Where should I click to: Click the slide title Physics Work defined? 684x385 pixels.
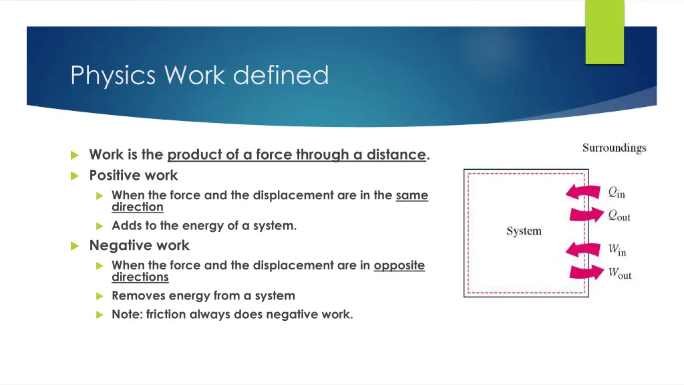point(200,75)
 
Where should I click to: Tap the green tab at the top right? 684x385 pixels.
point(605,31)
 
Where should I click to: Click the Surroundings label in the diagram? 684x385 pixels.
point(614,148)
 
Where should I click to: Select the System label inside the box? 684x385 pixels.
point(524,231)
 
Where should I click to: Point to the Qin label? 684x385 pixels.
point(616,192)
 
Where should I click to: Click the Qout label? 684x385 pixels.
point(619,215)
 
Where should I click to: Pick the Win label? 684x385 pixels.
point(617,251)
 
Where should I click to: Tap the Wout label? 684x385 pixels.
point(619,273)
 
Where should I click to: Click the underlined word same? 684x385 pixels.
point(411,195)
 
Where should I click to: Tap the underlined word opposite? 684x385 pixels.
point(399,265)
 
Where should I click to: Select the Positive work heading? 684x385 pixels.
point(134,175)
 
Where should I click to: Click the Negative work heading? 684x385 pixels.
point(139,245)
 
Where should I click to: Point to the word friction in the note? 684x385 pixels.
point(164,314)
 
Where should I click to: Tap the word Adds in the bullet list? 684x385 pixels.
point(125,225)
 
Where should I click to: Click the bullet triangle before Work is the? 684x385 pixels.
point(74,155)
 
